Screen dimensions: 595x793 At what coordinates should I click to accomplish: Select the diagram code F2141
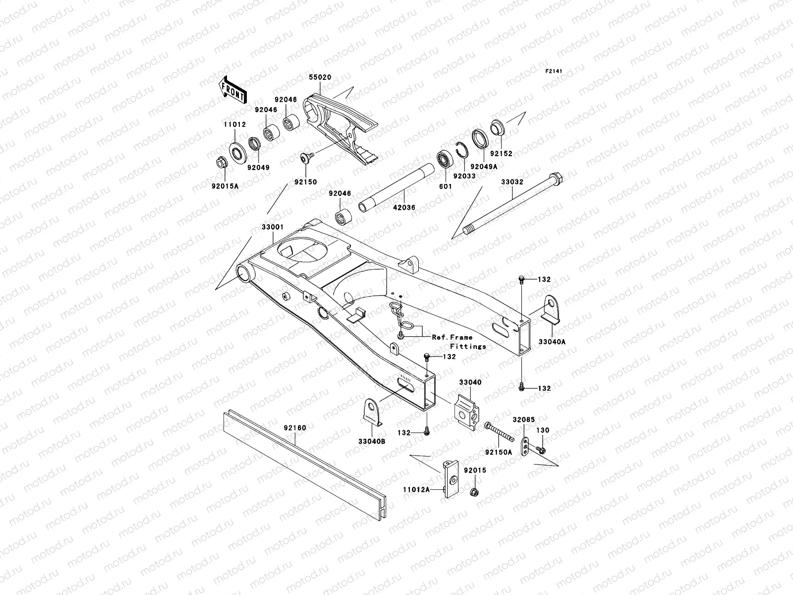[x=556, y=71]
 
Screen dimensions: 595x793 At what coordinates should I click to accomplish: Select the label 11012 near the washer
[x=234, y=125]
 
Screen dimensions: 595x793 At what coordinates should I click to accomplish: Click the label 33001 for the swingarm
[x=273, y=228]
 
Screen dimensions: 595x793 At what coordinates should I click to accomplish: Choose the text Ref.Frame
[x=452, y=337]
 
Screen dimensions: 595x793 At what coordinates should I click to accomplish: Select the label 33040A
[x=552, y=342]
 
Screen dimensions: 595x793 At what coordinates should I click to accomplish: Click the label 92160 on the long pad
[x=295, y=427]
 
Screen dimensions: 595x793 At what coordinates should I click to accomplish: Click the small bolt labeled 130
[x=541, y=450]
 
